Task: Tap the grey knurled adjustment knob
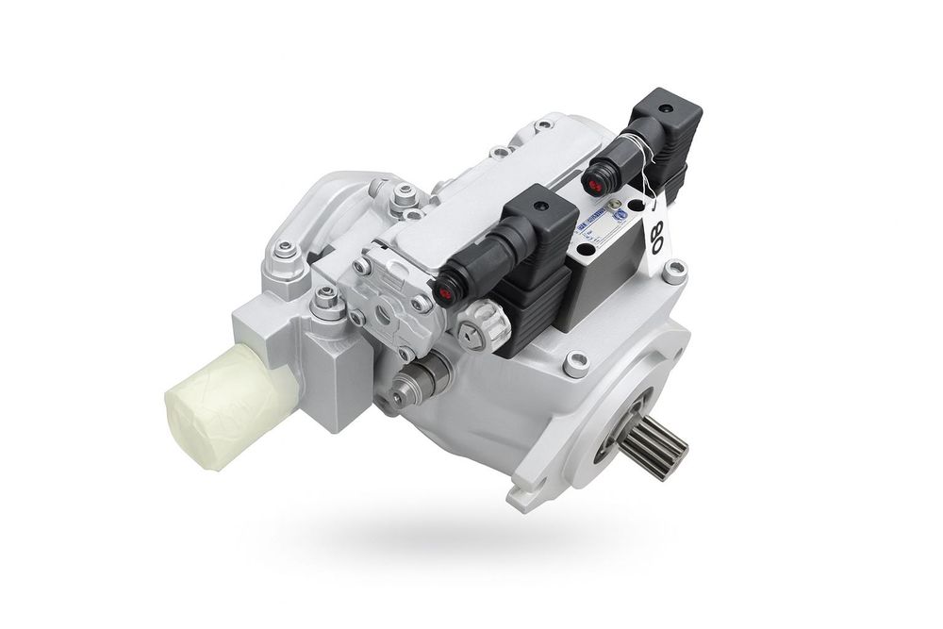click(484, 325)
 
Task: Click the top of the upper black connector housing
click(672, 107)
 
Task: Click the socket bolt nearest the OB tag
click(673, 273)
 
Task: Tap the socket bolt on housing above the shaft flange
click(575, 362)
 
